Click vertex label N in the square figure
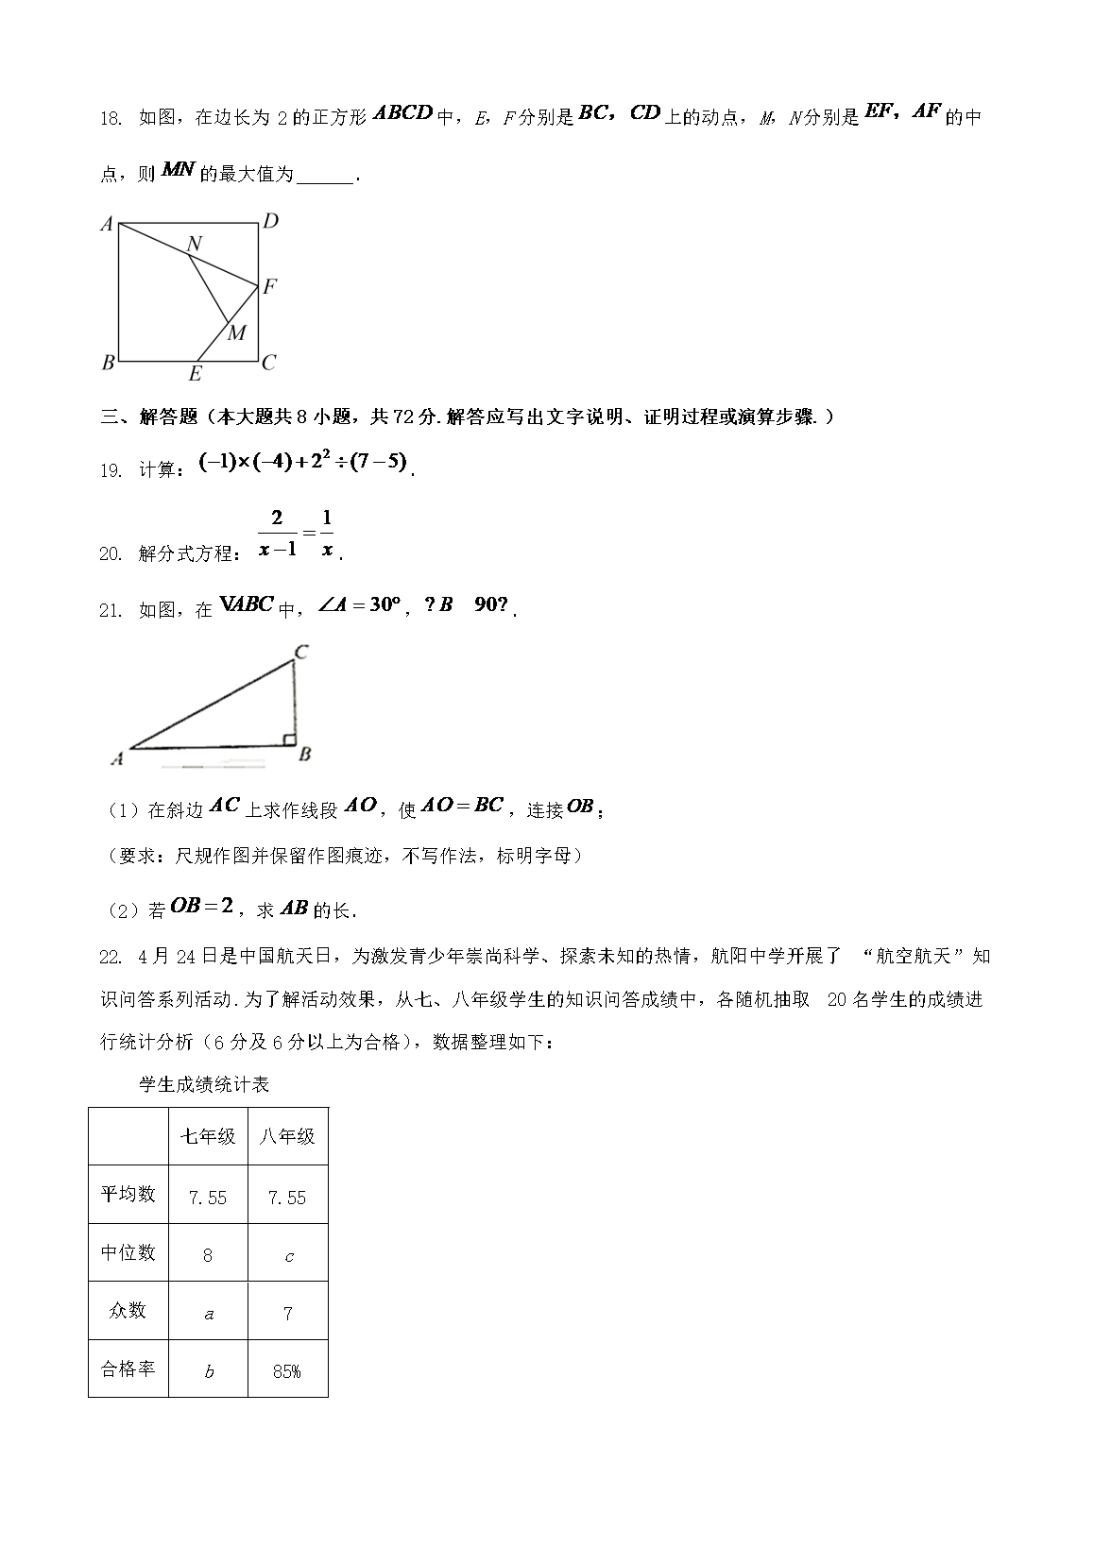pyautogui.click(x=194, y=245)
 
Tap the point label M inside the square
pyautogui.click(x=236, y=332)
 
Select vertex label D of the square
pyautogui.click(x=270, y=222)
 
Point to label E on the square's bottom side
pyautogui.click(x=195, y=374)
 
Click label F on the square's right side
pyautogui.click(x=269, y=286)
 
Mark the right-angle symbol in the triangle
pyautogui.click(x=290, y=740)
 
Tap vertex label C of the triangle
pyautogui.click(x=301, y=652)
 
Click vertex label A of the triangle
pyautogui.click(x=118, y=758)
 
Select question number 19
pyautogui.click(x=111, y=470)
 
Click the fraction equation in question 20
pyautogui.click(x=296, y=534)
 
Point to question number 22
pyautogui.click(x=111, y=957)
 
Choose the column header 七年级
pyautogui.click(x=208, y=1136)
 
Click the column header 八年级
pyautogui.click(x=287, y=1136)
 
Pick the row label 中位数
pyautogui.click(x=128, y=1253)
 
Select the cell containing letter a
pyautogui.click(x=209, y=1313)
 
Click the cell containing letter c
pyautogui.click(x=288, y=1255)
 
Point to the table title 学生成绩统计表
pyautogui.click(x=204, y=1084)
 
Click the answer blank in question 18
pyautogui.click(x=324, y=176)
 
